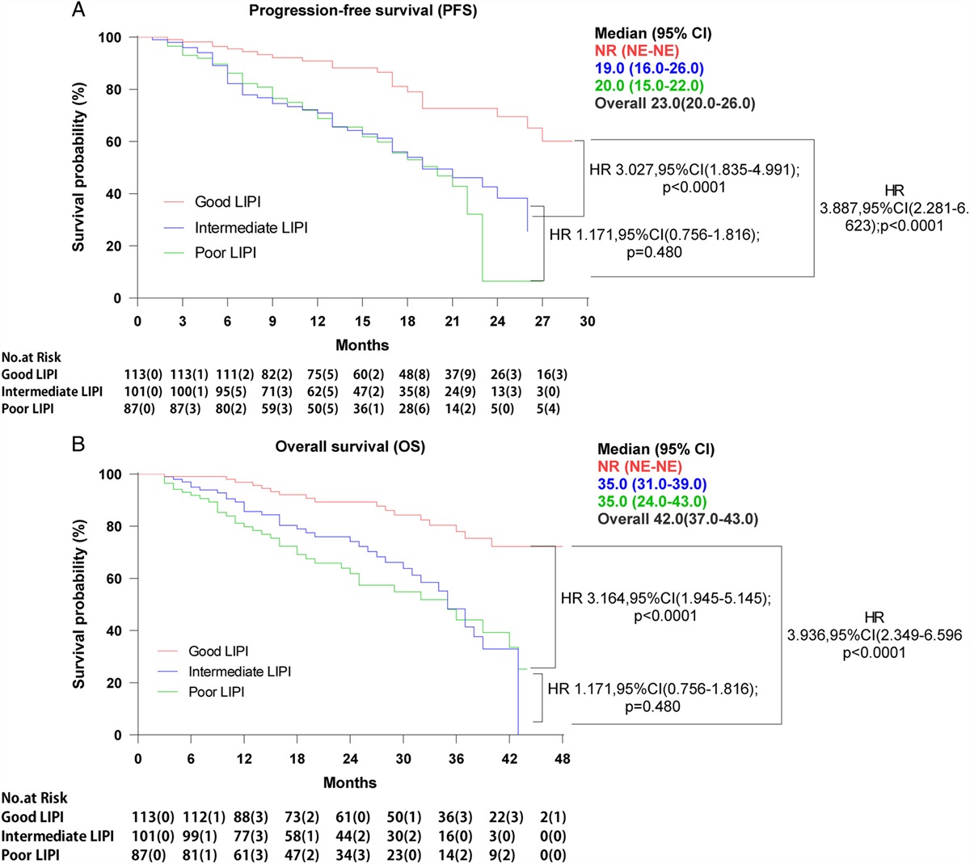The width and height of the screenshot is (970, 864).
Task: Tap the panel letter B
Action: pos(78,444)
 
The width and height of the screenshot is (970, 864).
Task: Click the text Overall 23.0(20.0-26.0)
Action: pos(675,103)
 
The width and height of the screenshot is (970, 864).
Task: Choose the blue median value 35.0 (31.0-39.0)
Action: pos(652,484)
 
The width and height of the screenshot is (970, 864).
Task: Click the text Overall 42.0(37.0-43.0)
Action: pos(677,519)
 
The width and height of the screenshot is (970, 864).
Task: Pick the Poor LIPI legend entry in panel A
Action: pos(225,253)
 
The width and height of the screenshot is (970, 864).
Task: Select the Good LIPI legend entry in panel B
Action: pos(218,651)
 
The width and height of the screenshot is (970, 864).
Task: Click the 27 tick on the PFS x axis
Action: pos(542,322)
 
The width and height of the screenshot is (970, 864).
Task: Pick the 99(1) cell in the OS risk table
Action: pos(193,835)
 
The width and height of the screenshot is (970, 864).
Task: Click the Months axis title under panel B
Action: pos(350,782)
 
